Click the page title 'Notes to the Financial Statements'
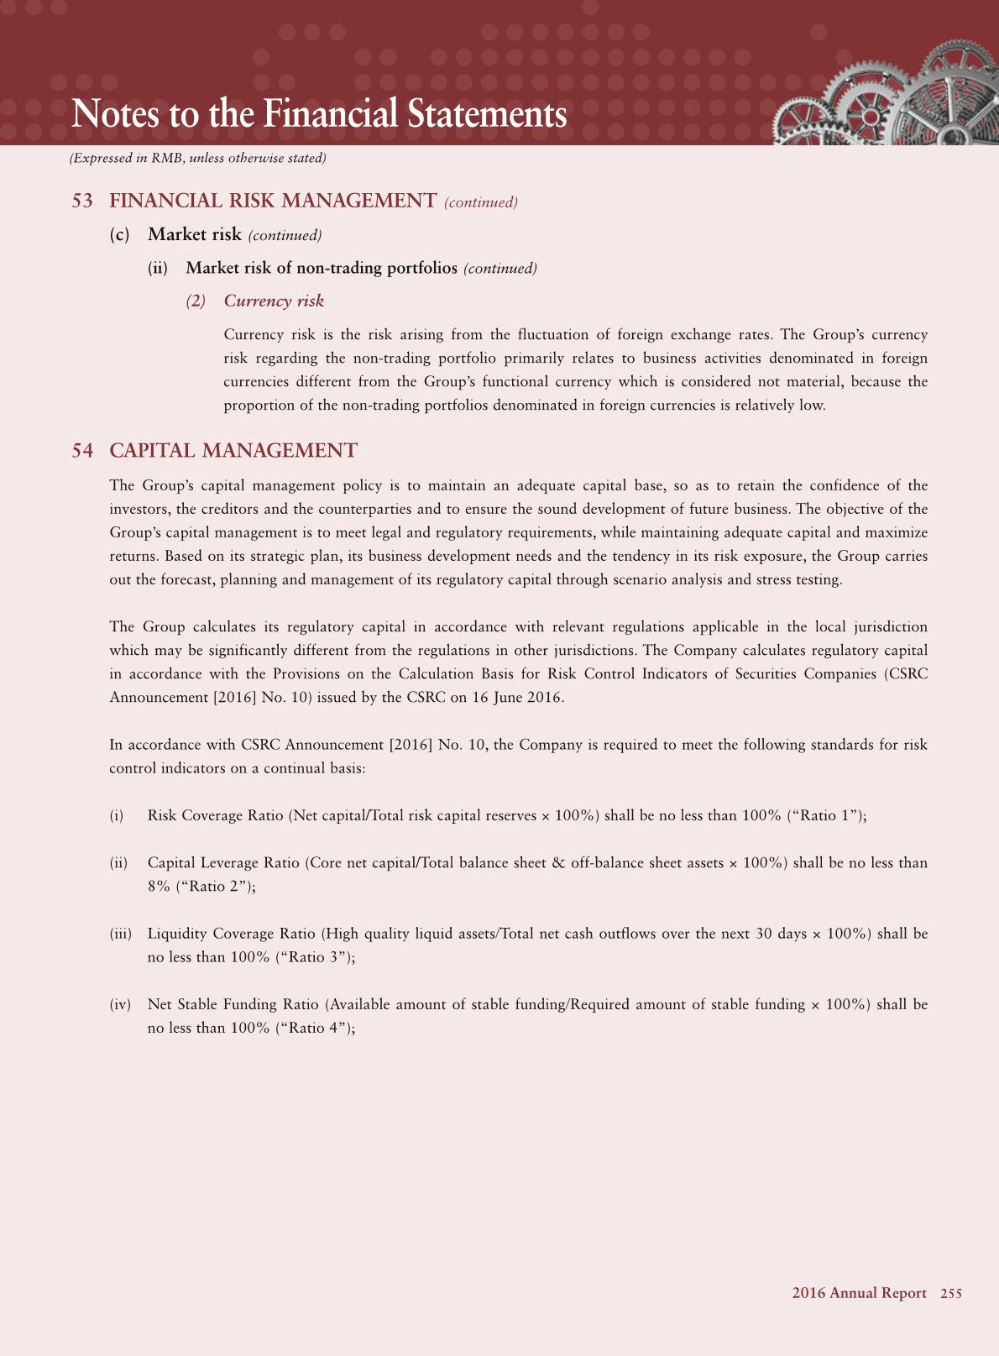[x=319, y=114]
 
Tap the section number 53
[x=82, y=201]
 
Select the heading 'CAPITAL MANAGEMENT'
[x=233, y=451]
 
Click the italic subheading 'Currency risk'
[x=274, y=301]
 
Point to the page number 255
[x=951, y=1294]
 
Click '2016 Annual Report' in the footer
[x=859, y=1294]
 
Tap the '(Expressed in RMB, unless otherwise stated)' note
[x=197, y=158]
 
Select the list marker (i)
[x=117, y=815]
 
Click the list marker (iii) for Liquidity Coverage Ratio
[x=121, y=934]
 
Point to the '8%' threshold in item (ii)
[x=158, y=886]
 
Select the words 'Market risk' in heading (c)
[x=195, y=234]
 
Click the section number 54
[x=82, y=451]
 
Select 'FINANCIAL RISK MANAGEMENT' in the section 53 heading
[x=273, y=201]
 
